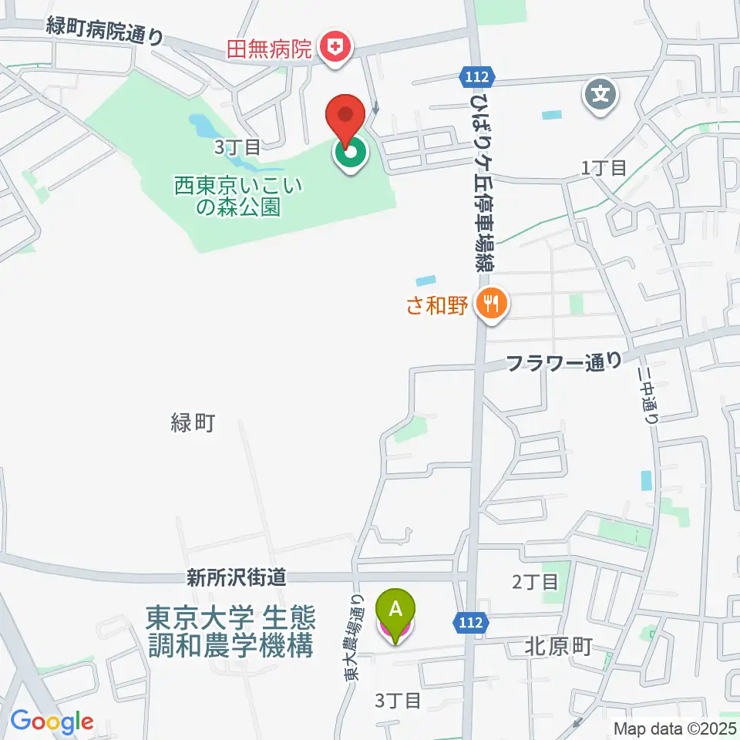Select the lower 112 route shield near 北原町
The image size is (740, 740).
pyautogui.click(x=473, y=621)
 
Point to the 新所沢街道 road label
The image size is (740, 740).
pyautogui.click(x=236, y=577)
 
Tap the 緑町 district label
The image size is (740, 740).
pyautogui.click(x=191, y=422)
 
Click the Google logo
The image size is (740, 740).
pyautogui.click(x=52, y=721)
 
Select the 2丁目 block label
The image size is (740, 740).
pyautogui.click(x=535, y=581)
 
